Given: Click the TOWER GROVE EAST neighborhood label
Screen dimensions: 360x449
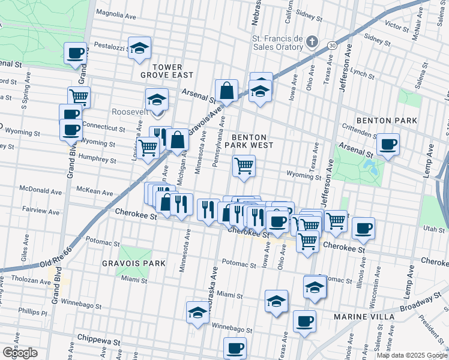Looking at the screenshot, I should tap(167, 70).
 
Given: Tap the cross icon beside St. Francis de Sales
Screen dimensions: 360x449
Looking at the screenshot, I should tap(311, 41).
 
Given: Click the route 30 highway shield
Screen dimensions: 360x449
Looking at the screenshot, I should tap(332, 44).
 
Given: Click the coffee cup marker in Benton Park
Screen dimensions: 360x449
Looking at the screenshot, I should tap(388, 144).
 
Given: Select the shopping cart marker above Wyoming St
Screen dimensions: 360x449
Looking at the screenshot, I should tap(244, 166).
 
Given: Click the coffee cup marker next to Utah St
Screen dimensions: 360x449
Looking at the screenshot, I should tap(363, 228).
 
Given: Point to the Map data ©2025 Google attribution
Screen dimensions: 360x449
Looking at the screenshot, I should tap(411, 355).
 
